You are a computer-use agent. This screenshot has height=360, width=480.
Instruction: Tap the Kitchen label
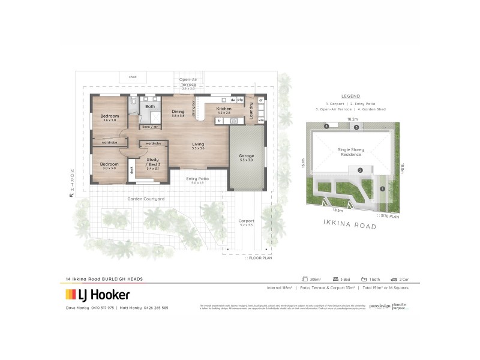tap(224, 109)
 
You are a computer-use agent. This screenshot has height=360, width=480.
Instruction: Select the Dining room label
tap(178, 111)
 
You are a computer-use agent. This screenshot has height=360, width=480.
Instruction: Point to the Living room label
tap(199, 144)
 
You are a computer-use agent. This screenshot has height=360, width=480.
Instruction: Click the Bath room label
tap(150, 106)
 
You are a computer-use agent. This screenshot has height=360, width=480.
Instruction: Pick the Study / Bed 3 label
tap(152, 163)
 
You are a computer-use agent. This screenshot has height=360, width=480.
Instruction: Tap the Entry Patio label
tap(197, 179)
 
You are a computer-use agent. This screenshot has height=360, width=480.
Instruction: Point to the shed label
tap(133, 77)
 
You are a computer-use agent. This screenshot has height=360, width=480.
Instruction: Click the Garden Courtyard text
tap(146, 199)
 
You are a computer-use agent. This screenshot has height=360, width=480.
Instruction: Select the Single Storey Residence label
tap(350, 152)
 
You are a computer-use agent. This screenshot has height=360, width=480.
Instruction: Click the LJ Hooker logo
tap(97, 295)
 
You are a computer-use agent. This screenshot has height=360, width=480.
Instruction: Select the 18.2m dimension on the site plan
tap(352, 119)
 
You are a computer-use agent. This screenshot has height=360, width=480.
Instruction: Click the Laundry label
tap(251, 109)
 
